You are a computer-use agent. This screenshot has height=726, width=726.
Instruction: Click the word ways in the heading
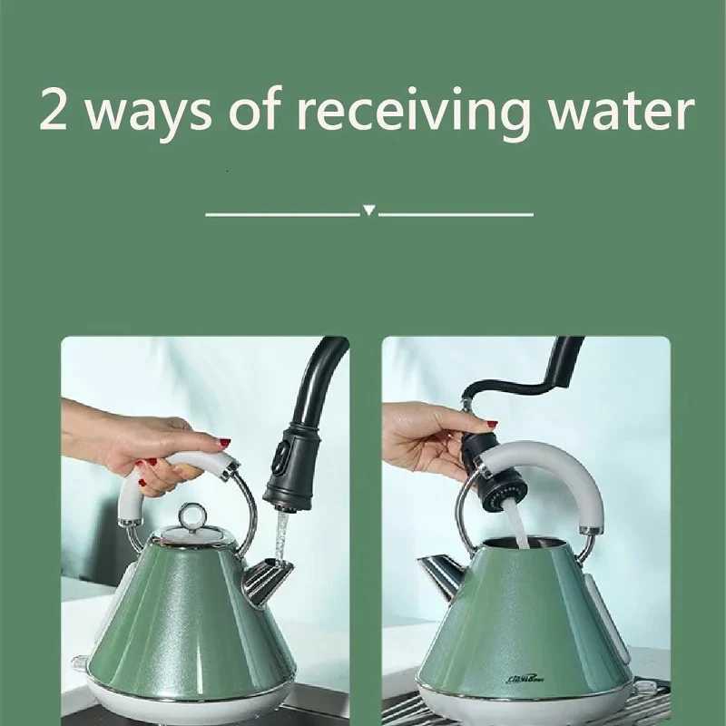click(152, 113)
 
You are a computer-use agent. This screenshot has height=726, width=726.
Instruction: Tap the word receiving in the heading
click(414, 113)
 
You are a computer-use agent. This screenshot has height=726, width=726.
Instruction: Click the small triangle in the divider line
click(368, 211)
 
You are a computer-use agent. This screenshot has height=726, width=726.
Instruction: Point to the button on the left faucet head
click(282, 454)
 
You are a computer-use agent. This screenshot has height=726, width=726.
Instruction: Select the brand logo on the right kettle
click(525, 676)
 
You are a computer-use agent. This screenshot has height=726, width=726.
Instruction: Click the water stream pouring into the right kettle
click(517, 521)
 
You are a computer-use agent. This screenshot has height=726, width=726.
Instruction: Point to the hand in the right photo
click(427, 436)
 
